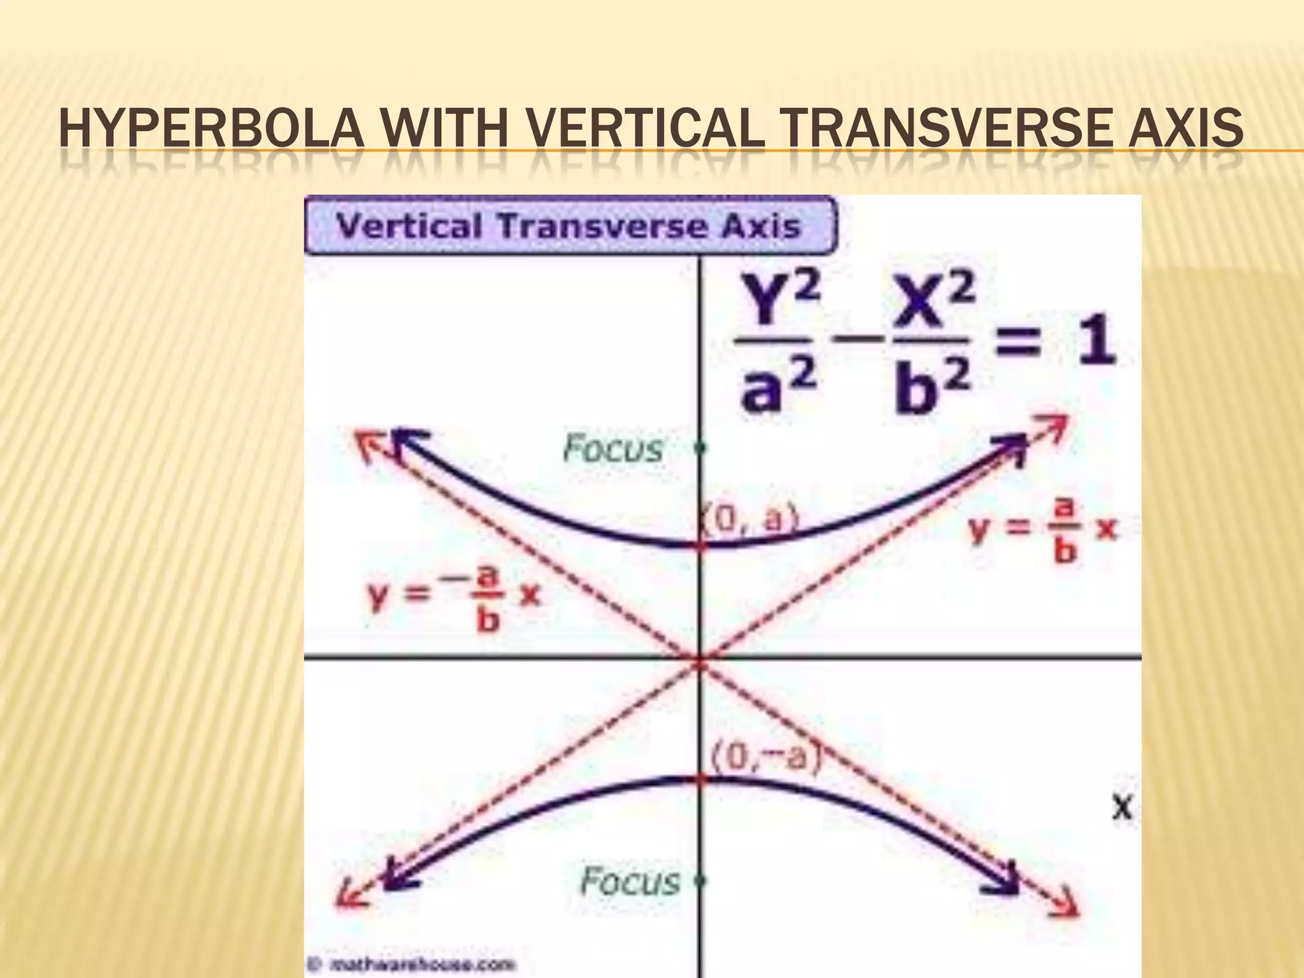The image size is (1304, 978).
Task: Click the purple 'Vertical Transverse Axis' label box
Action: pos(569,226)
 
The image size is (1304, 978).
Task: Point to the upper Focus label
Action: pos(613,448)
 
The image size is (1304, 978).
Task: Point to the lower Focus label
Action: pos(630,881)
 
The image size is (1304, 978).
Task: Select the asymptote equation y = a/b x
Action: pos(1043,530)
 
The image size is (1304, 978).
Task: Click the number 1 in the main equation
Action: pos(1096,344)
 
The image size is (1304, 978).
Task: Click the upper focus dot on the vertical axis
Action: pos(701,449)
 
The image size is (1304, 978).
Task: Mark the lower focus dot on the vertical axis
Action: pos(701,881)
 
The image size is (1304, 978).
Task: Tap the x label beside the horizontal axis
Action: pos(1122,808)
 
